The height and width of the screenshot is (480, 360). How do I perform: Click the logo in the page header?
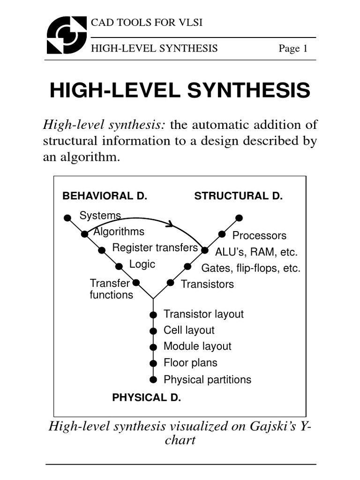coord(67,35)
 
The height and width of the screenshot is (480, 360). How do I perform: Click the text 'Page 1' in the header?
coord(293,49)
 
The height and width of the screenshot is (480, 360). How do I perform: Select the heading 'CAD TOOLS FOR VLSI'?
coord(146,22)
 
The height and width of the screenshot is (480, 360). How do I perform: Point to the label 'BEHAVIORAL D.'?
coord(105,196)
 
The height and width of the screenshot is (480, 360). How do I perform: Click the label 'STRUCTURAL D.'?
coord(239,196)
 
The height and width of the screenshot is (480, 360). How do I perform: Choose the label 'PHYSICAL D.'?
coord(146,397)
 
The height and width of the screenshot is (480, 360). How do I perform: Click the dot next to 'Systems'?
coord(67,217)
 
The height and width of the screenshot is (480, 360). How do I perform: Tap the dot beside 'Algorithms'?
coord(84,234)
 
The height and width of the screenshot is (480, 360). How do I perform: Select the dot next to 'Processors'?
coord(222,234)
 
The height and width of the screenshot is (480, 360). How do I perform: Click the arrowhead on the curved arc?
coord(170,224)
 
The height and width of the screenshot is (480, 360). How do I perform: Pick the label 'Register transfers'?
coord(155,247)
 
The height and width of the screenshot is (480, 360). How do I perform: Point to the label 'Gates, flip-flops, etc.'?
coord(251,268)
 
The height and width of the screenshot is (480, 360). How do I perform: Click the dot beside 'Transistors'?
coord(171,283)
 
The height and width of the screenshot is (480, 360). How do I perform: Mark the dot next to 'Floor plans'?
coord(153,363)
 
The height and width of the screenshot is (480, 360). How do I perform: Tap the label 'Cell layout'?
coord(189,330)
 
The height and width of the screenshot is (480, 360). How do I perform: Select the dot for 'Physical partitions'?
coord(153,379)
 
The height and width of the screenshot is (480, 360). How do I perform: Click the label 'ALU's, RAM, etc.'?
coord(256,252)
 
